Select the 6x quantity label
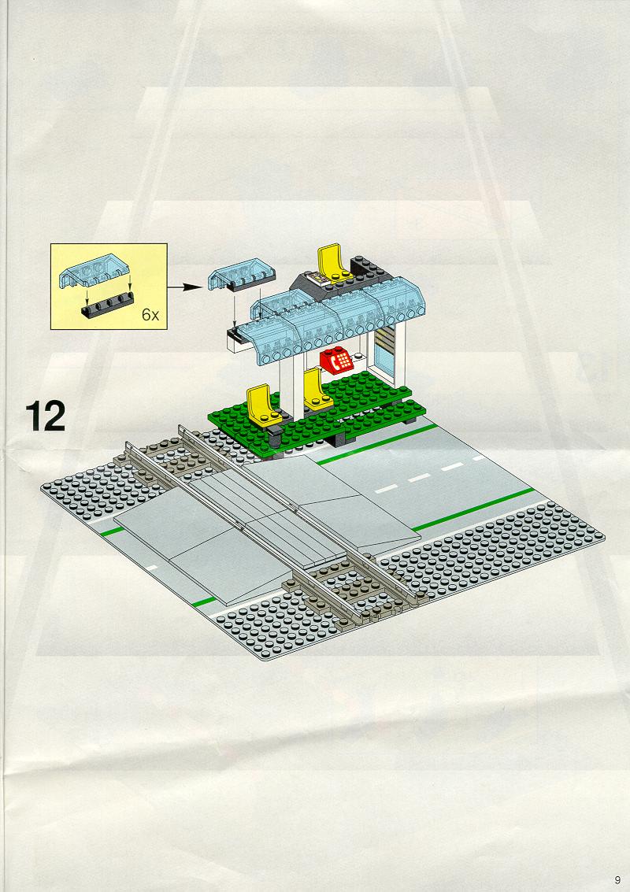click(150, 315)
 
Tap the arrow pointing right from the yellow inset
click(185, 287)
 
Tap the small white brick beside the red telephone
click(360, 359)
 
